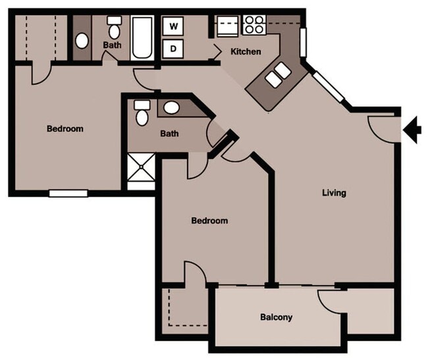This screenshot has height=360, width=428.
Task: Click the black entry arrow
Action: pos(413,129)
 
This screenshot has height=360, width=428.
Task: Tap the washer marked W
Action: pos(174,26)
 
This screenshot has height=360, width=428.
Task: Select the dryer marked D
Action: pos(174,47)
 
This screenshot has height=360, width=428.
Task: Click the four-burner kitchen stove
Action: pos(254,26)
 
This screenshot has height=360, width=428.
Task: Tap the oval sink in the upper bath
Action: pos(82,41)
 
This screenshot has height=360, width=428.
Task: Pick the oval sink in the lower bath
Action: pos(171,107)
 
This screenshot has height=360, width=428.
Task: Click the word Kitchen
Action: pos(246,51)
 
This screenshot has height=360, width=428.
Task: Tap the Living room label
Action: pos(334,193)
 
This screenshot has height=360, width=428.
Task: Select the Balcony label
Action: pos(276,317)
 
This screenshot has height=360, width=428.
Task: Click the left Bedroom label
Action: pos(65,128)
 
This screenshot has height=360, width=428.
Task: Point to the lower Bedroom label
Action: pos(209,220)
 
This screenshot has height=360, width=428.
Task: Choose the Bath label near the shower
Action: pos(169,134)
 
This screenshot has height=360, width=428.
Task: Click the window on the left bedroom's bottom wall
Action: pos(68,193)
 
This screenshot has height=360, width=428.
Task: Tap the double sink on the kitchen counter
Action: pos(277,76)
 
